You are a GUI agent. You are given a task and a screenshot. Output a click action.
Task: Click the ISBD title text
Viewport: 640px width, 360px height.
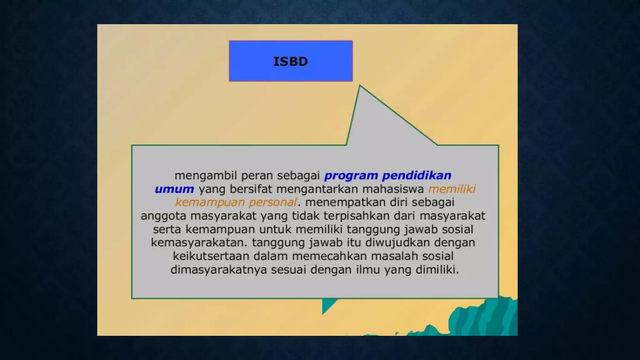click(x=291, y=62)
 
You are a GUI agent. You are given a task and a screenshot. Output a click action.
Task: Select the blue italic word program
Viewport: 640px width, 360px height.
click(x=351, y=176)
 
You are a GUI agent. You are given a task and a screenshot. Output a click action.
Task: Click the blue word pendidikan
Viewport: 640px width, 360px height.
click(x=417, y=175)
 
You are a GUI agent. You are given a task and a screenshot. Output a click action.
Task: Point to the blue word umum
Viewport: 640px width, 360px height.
click(x=174, y=189)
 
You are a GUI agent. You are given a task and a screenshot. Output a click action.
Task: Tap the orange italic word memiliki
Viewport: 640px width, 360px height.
click(x=452, y=189)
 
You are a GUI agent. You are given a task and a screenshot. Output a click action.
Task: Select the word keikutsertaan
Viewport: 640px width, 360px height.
click(x=211, y=256)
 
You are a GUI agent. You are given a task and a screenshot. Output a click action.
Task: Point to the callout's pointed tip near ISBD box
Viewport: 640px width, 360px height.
click(x=360, y=87)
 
